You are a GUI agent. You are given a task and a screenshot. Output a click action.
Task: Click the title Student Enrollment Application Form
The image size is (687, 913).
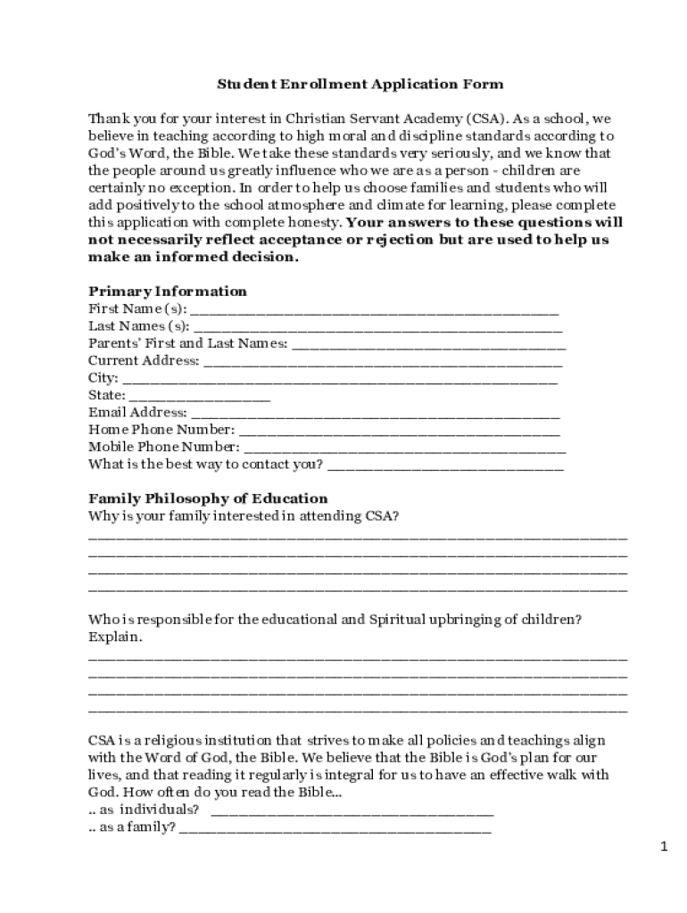360,85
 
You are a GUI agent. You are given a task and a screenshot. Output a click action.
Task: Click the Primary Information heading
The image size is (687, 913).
168,292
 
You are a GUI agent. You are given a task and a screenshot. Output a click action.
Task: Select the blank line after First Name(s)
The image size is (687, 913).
375,312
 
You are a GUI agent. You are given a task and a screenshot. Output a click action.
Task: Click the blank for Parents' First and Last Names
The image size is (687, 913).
428,347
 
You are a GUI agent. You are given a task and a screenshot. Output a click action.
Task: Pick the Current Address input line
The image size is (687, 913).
383,364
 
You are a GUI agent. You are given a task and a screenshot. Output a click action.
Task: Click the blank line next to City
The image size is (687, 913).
340,381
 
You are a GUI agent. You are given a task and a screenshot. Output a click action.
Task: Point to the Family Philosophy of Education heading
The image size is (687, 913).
208,498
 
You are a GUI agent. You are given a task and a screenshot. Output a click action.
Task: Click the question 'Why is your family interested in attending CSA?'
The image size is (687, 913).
244,516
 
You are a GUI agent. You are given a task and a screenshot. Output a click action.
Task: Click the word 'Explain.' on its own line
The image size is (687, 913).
115,637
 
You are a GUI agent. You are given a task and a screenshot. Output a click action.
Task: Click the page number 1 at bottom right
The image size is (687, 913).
664,847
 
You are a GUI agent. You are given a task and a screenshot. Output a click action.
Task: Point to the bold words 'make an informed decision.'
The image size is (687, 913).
194,257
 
